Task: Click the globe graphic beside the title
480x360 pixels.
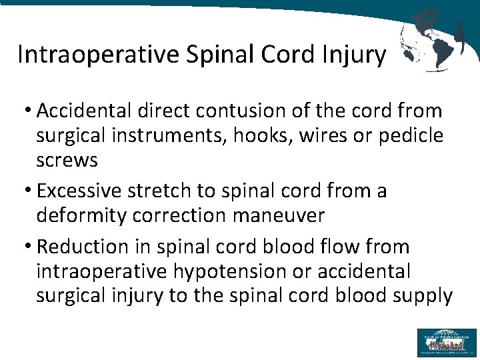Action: pyautogui.click(x=432, y=40)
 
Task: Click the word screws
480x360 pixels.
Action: pyautogui.click(x=67, y=160)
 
